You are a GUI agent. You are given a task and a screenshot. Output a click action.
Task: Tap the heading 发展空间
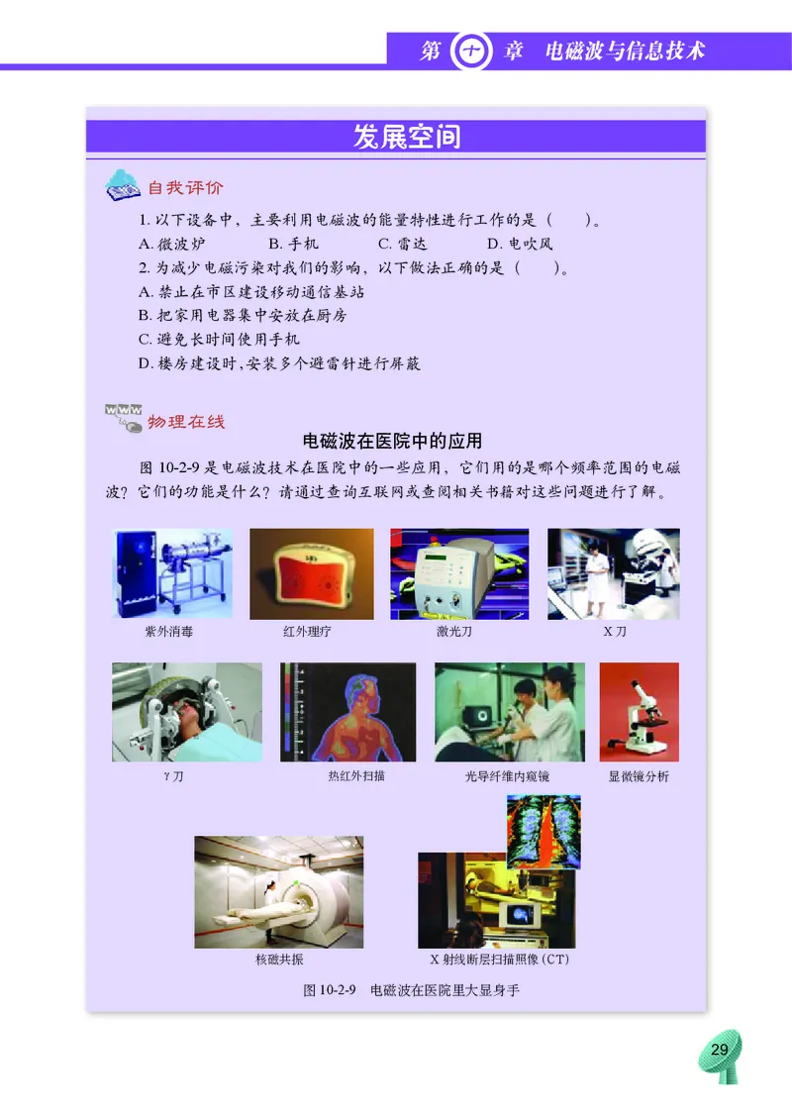coord(406,136)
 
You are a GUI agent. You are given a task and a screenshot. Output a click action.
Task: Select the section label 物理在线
coord(185,421)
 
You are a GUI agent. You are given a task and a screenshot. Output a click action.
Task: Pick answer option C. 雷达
coord(403,244)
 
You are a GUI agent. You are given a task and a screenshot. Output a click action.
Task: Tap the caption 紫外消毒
coord(169,631)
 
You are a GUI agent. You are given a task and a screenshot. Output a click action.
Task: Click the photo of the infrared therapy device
coord(312,573)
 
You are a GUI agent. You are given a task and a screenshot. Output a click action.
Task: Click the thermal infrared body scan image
coord(348,712)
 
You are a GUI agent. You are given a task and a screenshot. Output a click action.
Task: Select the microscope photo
coord(639,712)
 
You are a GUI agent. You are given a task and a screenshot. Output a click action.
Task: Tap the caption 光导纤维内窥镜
coord(507,776)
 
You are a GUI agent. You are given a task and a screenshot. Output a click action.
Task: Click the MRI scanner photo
coord(278,891)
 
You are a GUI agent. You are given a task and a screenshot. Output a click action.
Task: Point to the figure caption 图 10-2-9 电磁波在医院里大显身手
coord(411,989)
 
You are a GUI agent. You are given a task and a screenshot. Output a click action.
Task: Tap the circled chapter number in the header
coord(465,51)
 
